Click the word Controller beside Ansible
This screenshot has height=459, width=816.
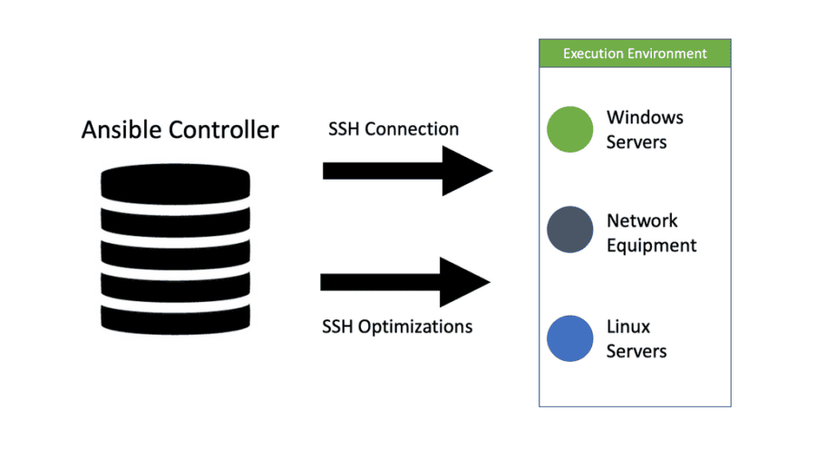click(222, 130)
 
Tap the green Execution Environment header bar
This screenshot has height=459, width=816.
click(635, 54)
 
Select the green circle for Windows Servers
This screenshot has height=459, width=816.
click(569, 130)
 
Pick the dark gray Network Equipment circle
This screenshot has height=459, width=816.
click(569, 232)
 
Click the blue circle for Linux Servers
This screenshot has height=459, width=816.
click(569, 338)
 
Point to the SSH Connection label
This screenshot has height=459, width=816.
click(393, 129)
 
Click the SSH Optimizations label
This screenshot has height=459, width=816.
click(397, 327)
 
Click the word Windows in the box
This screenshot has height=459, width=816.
click(645, 118)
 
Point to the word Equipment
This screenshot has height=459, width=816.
click(651, 246)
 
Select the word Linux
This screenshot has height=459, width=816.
click(628, 327)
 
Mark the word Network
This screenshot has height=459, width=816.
click(642, 220)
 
